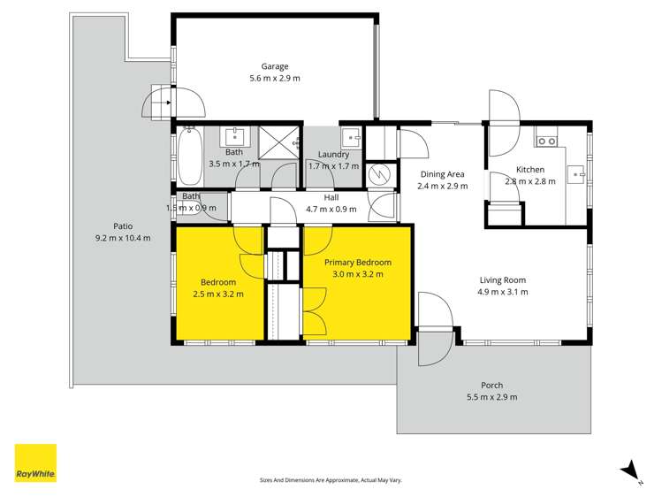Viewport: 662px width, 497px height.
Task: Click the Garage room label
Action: (x=274, y=66)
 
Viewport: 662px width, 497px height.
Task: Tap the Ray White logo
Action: (x=35, y=463)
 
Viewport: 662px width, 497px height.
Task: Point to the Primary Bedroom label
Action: (x=357, y=263)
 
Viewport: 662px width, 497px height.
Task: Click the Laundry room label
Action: (x=333, y=154)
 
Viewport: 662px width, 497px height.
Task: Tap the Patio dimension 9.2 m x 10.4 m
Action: (x=122, y=238)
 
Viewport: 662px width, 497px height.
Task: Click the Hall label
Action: (x=331, y=198)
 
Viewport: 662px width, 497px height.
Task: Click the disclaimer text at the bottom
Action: (x=331, y=479)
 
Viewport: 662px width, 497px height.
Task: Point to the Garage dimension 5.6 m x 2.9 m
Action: (x=274, y=80)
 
